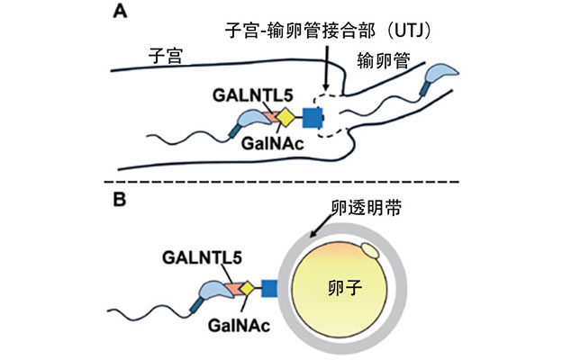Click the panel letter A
pyautogui.click(x=118, y=11)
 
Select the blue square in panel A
pyautogui.click(x=313, y=117)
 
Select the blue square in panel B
pyautogui.click(x=267, y=288)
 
